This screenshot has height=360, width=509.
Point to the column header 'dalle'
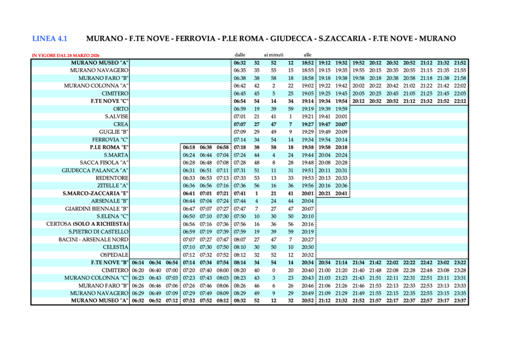[x=240, y=55]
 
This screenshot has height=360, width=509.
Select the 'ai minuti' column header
[x=273, y=55]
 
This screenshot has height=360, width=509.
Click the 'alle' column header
[x=307, y=55]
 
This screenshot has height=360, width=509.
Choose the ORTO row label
[x=121, y=109]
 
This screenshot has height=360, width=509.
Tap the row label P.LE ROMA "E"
[x=109, y=147]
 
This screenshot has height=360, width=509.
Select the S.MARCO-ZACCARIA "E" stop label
[x=96, y=193]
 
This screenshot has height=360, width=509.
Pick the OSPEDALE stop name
[x=114, y=255]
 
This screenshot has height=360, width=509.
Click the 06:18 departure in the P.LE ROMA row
[x=189, y=147]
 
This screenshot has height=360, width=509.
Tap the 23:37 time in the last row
[x=460, y=301]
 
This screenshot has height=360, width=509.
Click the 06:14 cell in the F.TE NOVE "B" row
[x=138, y=263]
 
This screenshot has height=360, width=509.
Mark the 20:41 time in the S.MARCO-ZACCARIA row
[x=341, y=193]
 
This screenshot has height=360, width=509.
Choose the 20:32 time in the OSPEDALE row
[x=308, y=255]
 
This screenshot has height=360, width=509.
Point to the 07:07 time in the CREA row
[x=240, y=124]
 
